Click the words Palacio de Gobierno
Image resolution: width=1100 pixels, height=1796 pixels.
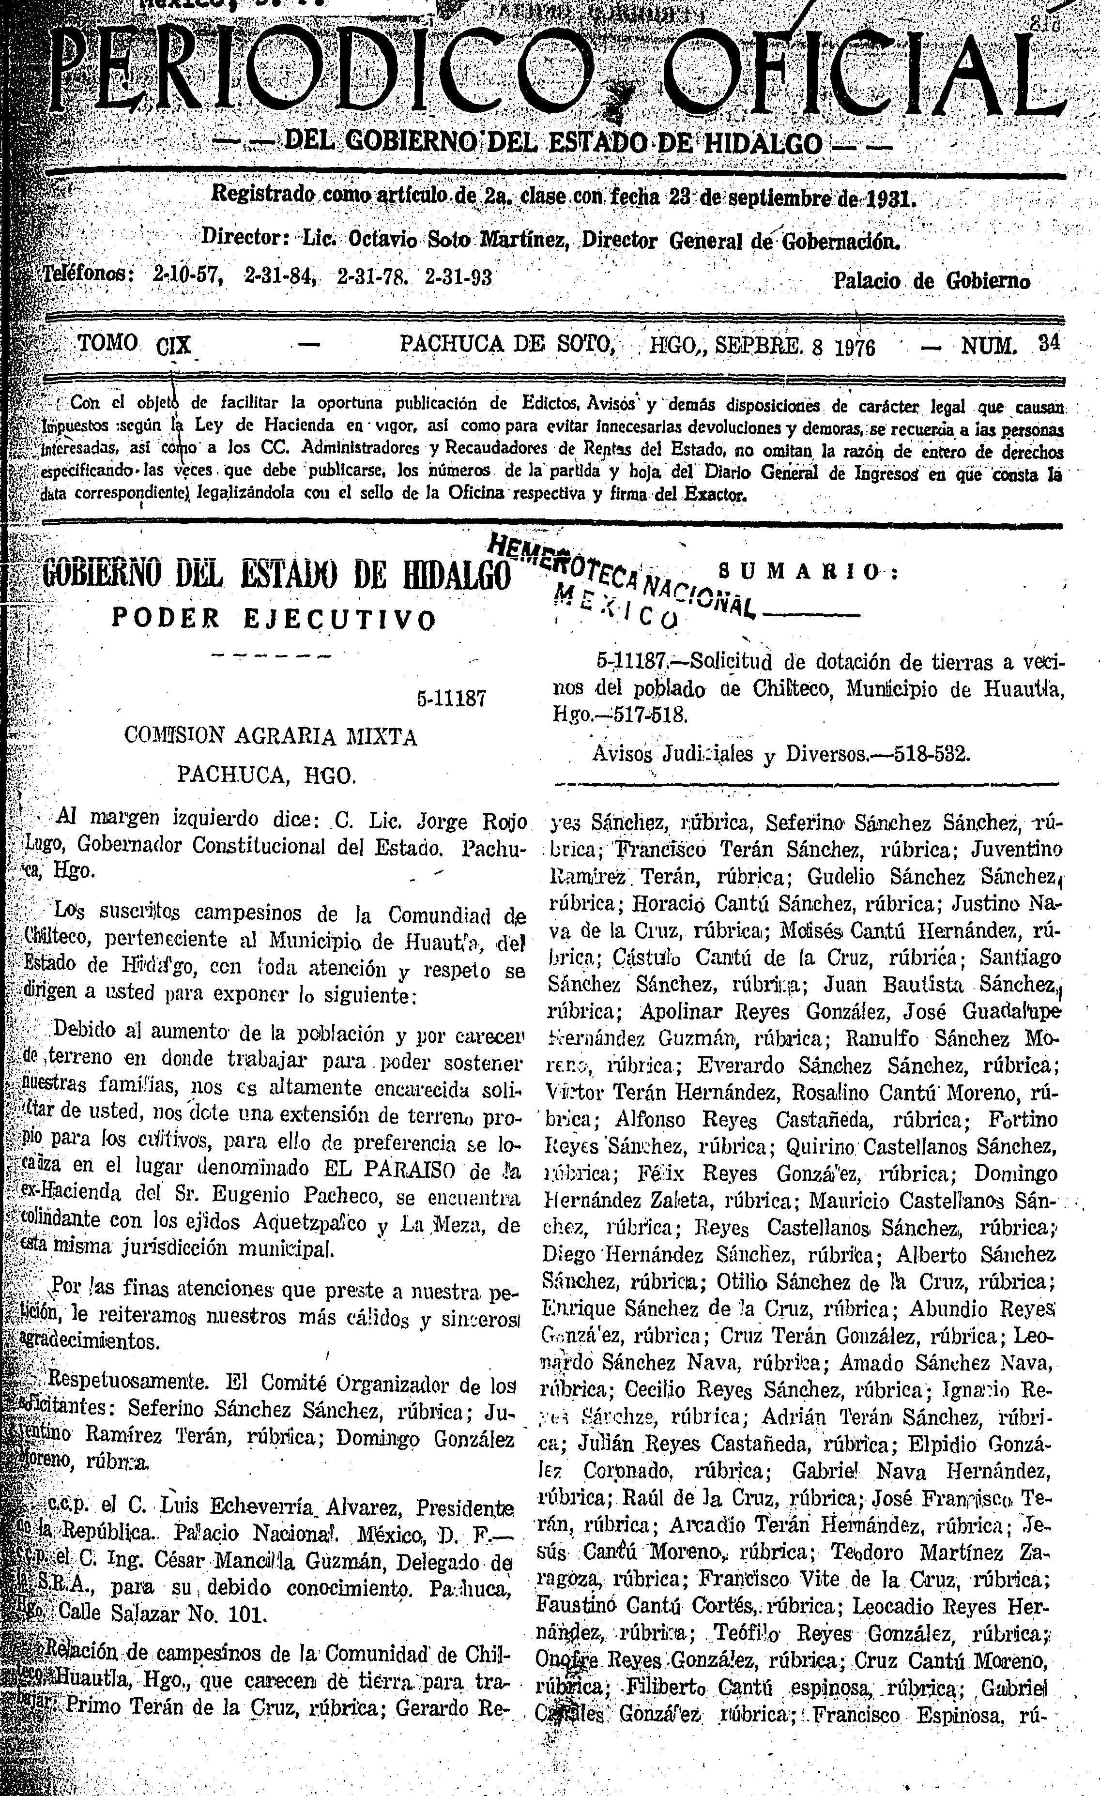tap(931, 281)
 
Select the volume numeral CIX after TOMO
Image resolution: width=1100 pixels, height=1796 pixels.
tap(173, 344)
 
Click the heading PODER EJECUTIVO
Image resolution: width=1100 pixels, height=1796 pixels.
tap(274, 619)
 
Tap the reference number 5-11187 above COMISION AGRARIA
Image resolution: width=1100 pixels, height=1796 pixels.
tap(451, 698)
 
